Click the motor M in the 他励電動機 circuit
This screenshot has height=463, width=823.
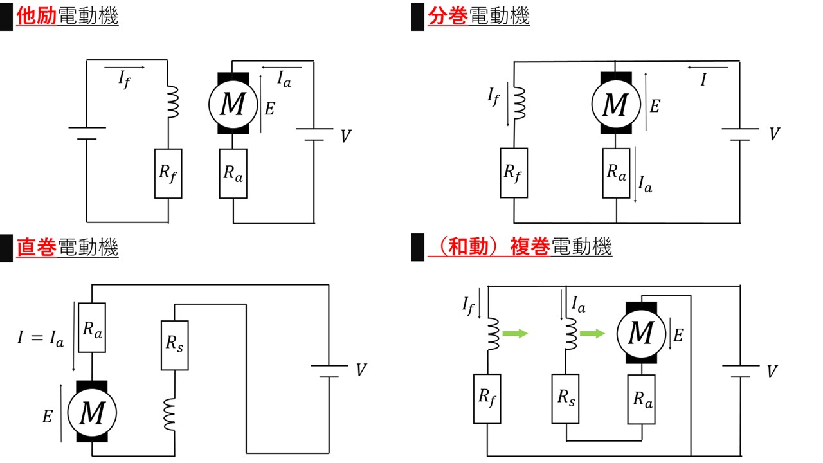click(x=232, y=103)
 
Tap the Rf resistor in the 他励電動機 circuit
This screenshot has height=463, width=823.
click(x=167, y=173)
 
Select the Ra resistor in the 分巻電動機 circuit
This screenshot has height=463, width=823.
click(x=617, y=172)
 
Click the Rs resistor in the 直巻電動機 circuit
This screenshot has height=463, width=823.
click(x=175, y=345)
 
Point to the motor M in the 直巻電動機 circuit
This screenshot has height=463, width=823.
click(x=91, y=413)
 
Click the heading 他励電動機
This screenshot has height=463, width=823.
click(x=68, y=17)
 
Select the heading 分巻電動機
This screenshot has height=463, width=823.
click(x=479, y=17)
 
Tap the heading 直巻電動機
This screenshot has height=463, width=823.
click(x=68, y=248)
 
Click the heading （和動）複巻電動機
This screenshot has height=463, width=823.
click(x=520, y=247)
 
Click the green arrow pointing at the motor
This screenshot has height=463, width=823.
click(x=592, y=333)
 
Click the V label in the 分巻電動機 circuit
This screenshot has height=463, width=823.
click(x=775, y=134)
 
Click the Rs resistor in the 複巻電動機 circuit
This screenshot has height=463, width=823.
click(x=566, y=399)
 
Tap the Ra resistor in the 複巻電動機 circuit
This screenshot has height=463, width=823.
click(x=642, y=399)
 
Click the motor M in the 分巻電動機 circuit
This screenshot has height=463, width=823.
click(x=617, y=103)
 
